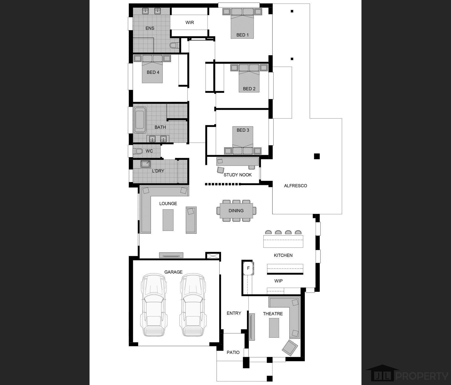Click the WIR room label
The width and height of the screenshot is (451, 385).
click(x=190, y=23)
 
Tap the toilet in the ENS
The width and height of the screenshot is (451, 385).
click(x=174, y=45)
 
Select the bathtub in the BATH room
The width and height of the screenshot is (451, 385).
click(x=140, y=120)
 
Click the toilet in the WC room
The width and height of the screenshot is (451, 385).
click(x=138, y=151)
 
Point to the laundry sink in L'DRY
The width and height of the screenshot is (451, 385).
click(x=145, y=164)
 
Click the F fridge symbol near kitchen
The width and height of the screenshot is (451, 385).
click(x=248, y=268)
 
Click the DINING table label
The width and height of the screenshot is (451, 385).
click(x=236, y=211)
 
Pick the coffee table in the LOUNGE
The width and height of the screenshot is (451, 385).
click(x=168, y=220)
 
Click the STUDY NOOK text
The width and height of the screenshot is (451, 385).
click(x=238, y=175)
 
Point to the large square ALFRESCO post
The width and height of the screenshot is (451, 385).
click(x=317, y=156)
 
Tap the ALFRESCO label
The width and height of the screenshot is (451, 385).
click(x=295, y=186)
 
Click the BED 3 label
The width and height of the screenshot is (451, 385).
click(x=243, y=130)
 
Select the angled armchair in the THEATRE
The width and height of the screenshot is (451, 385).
click(x=290, y=348)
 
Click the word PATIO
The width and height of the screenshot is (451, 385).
click(x=233, y=352)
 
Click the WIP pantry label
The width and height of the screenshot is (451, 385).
click(x=278, y=281)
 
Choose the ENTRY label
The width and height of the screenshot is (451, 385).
click(x=234, y=313)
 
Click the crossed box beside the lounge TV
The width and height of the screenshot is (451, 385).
click(x=213, y=256)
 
